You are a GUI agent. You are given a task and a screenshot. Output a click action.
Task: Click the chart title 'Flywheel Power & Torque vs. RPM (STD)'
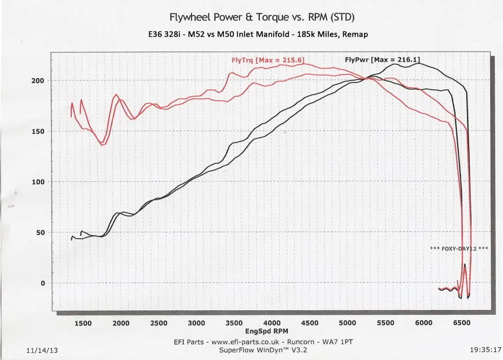pyautogui.click(x=262, y=17)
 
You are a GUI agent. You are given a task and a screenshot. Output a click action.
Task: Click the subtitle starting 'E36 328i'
pyautogui.click(x=258, y=34)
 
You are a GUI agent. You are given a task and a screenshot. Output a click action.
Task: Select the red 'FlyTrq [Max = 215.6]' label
pyautogui.click(x=268, y=60)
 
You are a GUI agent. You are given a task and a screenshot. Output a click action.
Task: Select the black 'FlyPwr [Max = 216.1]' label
pyautogui.click(x=382, y=60)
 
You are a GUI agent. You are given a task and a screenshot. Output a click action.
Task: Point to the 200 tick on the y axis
pyautogui.click(x=37, y=81)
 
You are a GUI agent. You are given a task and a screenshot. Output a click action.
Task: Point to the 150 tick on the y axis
pyautogui.click(x=37, y=131)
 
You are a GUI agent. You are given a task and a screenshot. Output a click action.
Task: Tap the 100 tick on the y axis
pyautogui.click(x=37, y=182)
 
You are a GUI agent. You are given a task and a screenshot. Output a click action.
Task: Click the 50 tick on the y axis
pyautogui.click(x=40, y=233)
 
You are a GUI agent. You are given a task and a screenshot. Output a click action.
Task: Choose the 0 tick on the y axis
pyautogui.click(x=42, y=283)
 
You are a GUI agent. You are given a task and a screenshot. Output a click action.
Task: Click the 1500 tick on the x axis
pyautogui.click(x=83, y=323)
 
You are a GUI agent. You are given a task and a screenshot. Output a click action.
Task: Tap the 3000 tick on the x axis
pyautogui.click(x=196, y=323)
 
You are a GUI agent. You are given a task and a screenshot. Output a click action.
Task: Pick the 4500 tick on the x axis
pyautogui.click(x=310, y=323)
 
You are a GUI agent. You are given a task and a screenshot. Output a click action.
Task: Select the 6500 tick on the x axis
pyautogui.click(x=461, y=323)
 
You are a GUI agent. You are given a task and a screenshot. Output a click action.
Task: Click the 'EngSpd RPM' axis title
pyautogui.click(x=267, y=331)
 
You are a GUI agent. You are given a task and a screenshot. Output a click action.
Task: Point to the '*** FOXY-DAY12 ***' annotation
pyautogui.click(x=459, y=249)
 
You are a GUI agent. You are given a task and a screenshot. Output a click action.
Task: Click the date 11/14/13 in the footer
pyautogui.click(x=42, y=350)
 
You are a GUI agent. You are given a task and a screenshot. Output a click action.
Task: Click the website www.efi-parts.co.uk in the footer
pyautogui.click(x=245, y=342)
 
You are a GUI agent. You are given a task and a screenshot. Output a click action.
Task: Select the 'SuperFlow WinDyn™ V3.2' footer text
pyautogui.click(x=263, y=350)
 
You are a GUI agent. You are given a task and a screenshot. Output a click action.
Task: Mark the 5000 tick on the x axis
pyautogui.click(x=347, y=323)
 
